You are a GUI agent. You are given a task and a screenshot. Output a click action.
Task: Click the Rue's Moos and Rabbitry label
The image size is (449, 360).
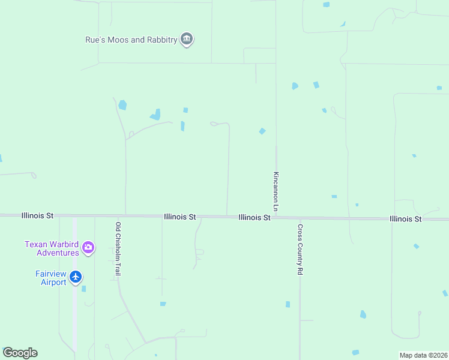coord(131,40)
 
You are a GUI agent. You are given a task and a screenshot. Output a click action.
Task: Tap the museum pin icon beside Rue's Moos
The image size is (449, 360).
coord(187,40)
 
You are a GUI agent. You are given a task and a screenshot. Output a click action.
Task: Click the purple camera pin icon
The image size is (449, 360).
coord(88,247)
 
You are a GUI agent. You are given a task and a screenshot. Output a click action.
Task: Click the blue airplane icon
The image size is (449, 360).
coord(76,277)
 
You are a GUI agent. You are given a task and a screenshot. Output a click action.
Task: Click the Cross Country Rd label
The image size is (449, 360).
coord(300,250)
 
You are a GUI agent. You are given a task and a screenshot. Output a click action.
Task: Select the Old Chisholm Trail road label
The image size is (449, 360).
coord(118,249)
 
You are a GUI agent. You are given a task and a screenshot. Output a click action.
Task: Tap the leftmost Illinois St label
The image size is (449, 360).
coord(37,215)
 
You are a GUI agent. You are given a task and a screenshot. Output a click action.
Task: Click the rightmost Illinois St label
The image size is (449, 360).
coord(405,219)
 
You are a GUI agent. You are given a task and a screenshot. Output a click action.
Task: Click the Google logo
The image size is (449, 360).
coord(20,353)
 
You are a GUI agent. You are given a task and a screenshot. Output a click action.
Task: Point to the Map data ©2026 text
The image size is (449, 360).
coord(423,355)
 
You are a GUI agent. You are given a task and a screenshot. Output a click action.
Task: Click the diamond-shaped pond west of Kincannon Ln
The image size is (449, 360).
coord(262,131)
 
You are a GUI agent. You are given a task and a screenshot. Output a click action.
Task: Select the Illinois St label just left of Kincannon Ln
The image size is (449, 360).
coord(254,217)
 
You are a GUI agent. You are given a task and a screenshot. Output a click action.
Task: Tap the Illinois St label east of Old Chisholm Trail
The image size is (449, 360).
coord(179,216)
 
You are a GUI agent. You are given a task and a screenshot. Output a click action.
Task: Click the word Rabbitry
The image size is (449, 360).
coord(162,40)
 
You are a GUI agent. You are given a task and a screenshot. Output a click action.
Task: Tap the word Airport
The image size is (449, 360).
coord(53,282)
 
